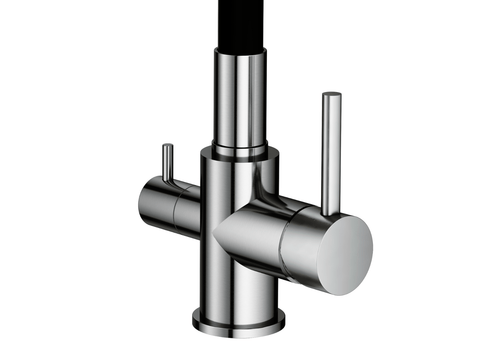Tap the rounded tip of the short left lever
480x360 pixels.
167,146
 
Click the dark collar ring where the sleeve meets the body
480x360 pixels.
240,150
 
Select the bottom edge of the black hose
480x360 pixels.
240,47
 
